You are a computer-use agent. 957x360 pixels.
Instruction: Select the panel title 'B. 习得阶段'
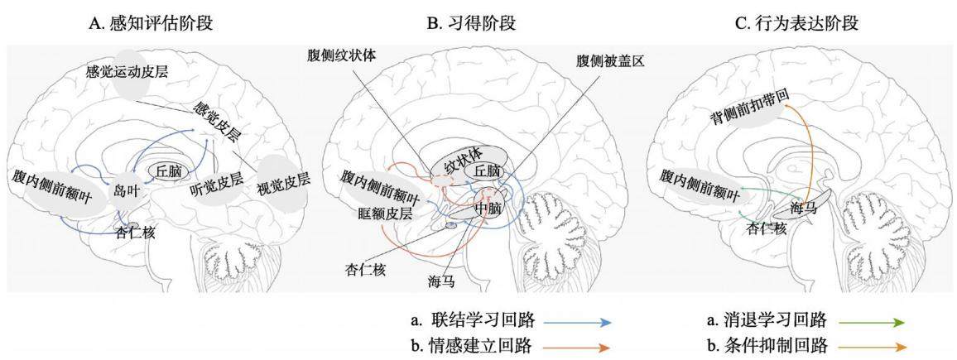[471, 24]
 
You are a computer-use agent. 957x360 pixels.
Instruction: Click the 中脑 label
[487, 209]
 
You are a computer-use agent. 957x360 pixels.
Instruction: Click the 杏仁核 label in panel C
[766, 228]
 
